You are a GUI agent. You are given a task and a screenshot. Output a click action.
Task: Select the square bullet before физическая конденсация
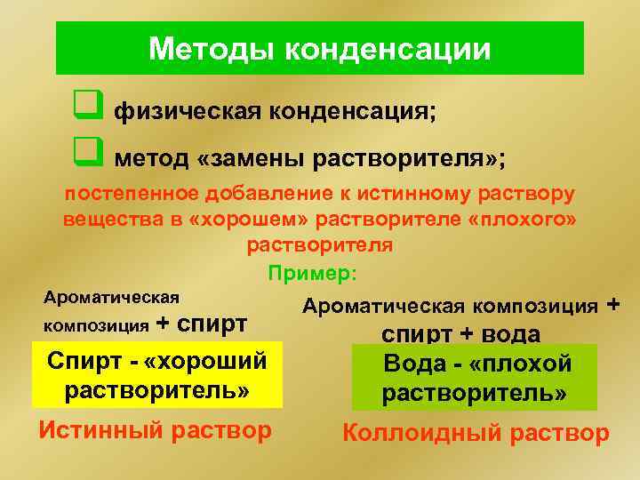click(x=86, y=111)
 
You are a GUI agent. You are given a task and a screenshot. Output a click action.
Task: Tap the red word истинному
click(x=412, y=193)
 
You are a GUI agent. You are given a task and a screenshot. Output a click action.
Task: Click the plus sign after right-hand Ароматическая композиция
click(x=612, y=306)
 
